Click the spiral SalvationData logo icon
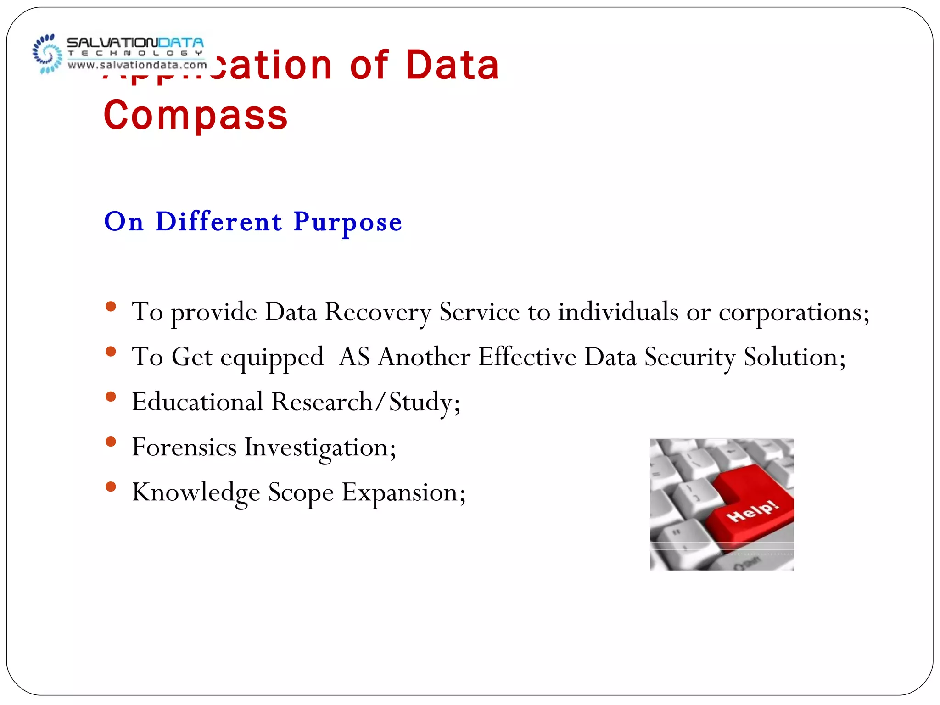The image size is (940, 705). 47,54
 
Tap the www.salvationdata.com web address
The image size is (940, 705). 137,65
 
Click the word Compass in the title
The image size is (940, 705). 196,115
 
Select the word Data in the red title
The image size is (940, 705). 452,65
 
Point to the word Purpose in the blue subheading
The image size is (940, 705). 347,222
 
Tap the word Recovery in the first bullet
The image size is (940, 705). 378,312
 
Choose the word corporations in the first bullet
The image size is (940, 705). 793,312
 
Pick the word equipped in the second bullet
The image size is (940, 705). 272,358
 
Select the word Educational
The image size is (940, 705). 197,402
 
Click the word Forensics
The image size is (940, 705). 184,447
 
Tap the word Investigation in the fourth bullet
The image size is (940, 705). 320,448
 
